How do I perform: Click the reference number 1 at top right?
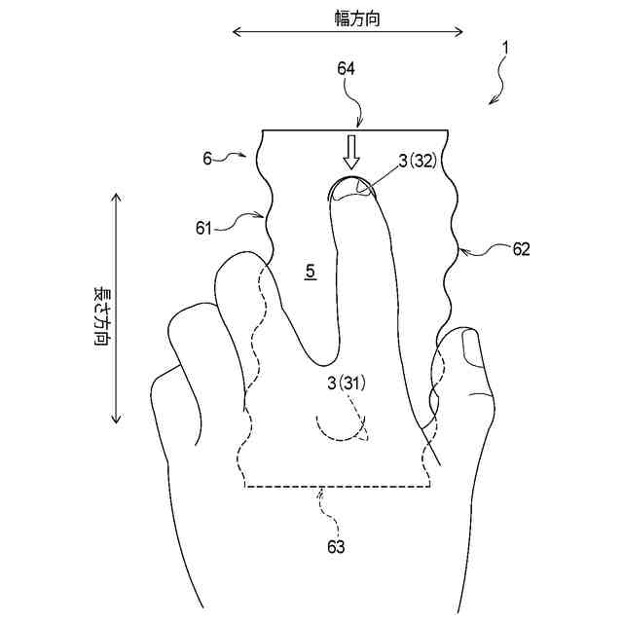coord(504,46)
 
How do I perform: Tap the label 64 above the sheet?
coord(346,68)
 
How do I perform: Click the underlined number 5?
coord(310,273)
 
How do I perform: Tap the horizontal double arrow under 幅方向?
coord(348,33)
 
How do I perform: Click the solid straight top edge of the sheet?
coord(355,130)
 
